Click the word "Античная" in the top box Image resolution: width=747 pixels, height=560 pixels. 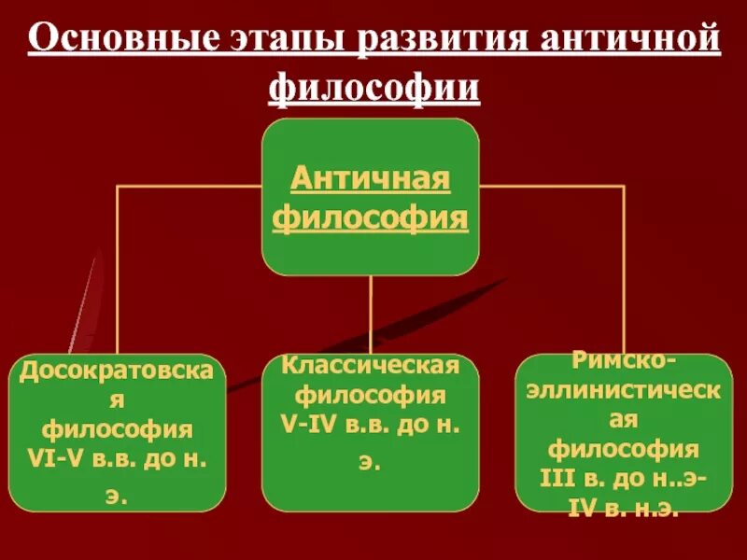pos(371,177)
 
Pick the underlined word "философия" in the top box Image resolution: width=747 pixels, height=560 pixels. pos(371,218)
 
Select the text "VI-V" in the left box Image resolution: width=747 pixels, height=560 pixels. pos(69,459)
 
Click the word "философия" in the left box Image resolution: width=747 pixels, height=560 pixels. pos(117,431)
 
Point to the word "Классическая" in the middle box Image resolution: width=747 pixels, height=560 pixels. pos(370,363)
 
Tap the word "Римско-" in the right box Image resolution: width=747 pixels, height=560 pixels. pos(624,361)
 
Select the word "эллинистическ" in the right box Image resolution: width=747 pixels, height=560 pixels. pos(624,390)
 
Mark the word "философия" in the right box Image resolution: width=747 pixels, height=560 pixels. pos(624,449)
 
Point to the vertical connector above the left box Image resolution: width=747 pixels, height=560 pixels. pos(117,271)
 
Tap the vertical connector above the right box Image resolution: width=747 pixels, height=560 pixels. pos(625,271)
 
